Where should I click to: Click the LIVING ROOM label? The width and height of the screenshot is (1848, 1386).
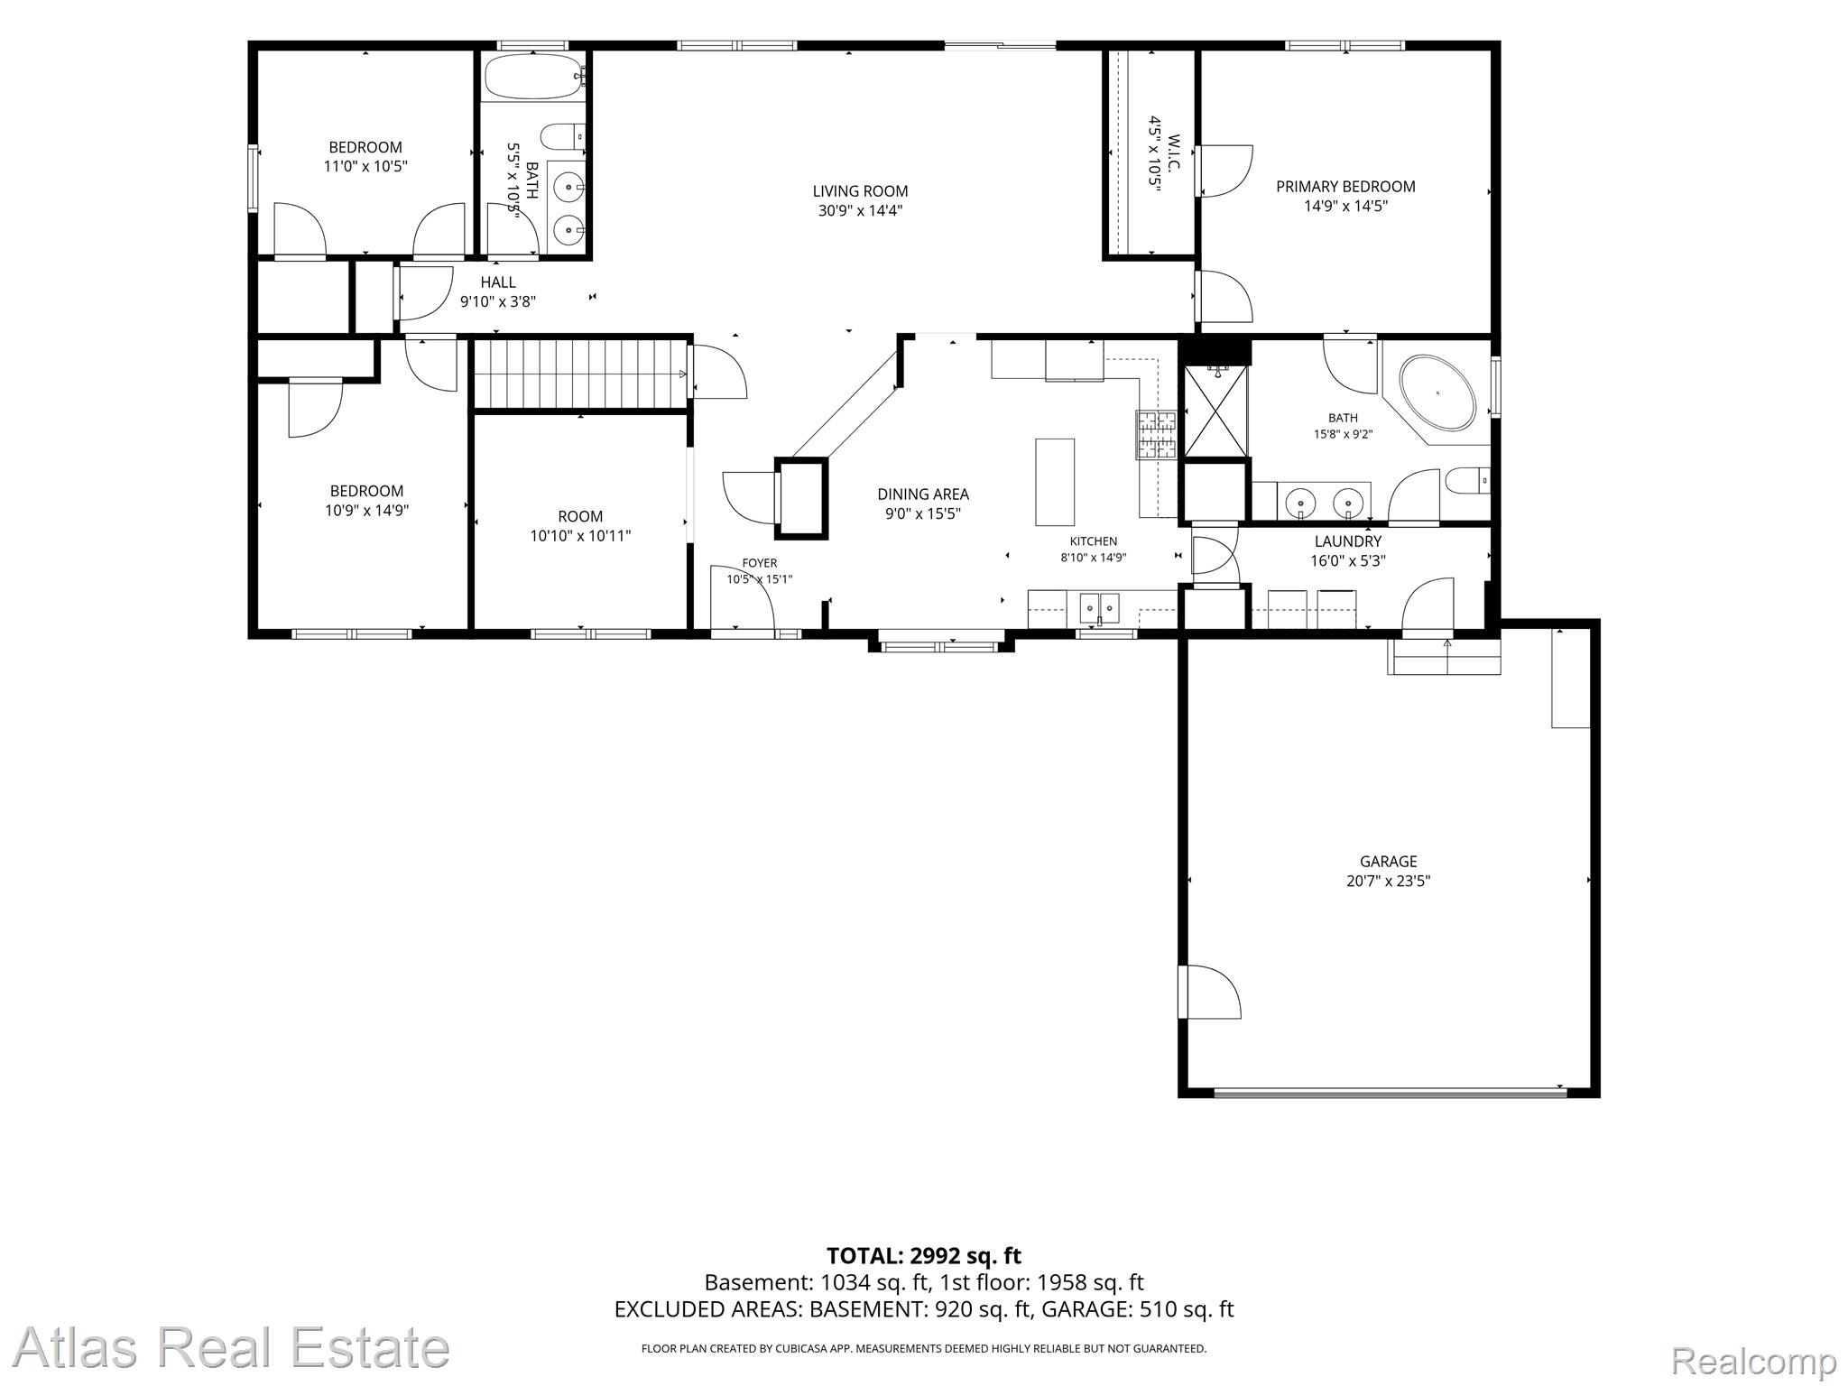coord(860,191)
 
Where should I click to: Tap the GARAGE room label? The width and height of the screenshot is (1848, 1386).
coord(1388,862)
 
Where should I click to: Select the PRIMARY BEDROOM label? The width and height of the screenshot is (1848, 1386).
coord(1345,187)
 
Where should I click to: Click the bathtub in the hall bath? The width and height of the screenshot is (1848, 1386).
coord(533,78)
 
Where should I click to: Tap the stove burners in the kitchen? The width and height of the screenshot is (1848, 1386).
coord(1156,435)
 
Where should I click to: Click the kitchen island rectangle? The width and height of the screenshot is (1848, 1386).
coord(1055,482)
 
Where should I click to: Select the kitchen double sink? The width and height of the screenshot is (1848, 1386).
coord(1100,608)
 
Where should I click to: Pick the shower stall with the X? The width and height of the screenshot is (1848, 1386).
coord(1215,411)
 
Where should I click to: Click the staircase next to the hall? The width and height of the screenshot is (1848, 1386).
coord(578,374)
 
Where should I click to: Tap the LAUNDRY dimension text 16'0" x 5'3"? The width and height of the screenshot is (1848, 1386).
coord(1348,560)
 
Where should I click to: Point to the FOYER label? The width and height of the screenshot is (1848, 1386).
coord(760,563)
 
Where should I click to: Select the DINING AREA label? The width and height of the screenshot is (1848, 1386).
coord(923,494)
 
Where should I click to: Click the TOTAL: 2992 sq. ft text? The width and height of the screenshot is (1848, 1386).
coord(924,1255)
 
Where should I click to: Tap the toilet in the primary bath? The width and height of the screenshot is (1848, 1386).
coord(1467,481)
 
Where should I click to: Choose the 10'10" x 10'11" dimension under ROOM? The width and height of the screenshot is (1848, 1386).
coord(580,536)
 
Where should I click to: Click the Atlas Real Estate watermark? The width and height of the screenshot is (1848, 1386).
coord(231,1348)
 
